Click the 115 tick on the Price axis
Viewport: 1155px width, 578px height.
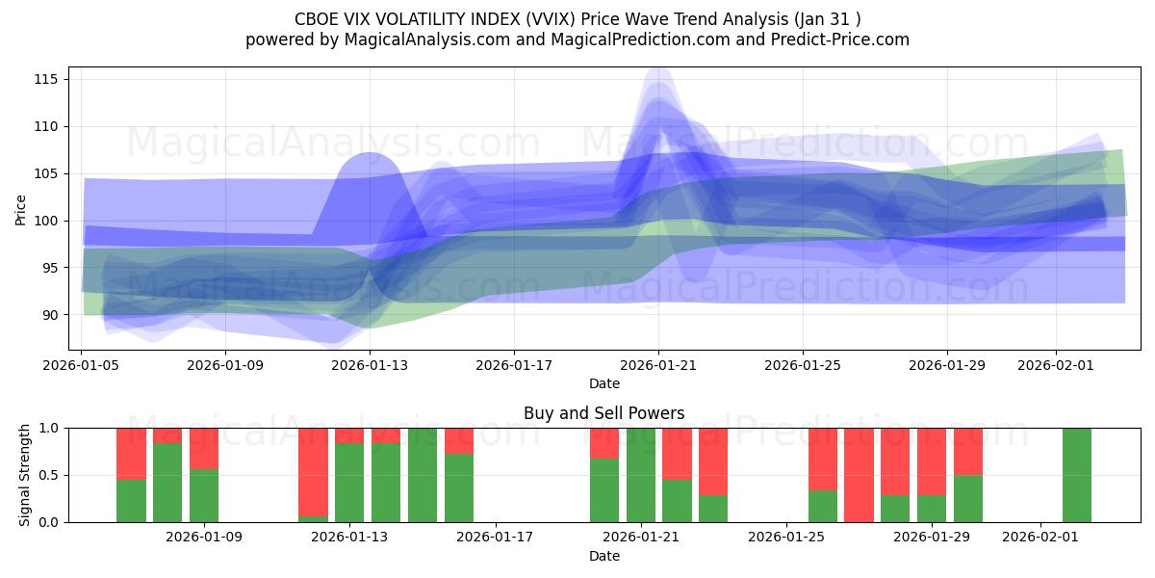pos(47,79)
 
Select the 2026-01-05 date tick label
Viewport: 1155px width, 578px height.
pos(81,365)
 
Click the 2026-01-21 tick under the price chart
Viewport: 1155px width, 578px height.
pos(658,365)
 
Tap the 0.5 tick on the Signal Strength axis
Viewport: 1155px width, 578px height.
pos(51,475)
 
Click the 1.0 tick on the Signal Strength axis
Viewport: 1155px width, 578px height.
pos(51,428)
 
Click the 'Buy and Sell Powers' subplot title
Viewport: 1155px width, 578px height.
pos(603,413)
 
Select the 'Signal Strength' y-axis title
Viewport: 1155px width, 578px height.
pos(25,475)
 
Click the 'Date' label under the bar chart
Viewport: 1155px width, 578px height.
pos(603,556)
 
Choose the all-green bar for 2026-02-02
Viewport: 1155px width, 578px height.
pos(1077,475)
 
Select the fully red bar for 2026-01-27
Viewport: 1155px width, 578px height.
pos(859,475)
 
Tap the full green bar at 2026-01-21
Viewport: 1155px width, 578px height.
pos(641,475)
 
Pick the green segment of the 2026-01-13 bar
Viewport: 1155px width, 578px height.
pos(349,483)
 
